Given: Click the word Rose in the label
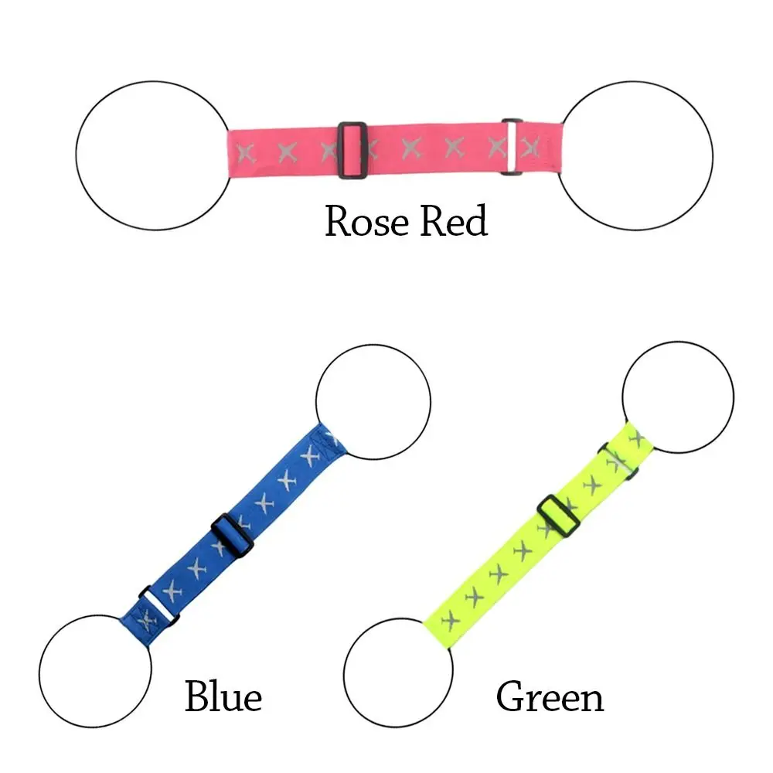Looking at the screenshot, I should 366,222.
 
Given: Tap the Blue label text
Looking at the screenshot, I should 223,697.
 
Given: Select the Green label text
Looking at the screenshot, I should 550,697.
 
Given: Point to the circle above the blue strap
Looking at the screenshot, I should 373,402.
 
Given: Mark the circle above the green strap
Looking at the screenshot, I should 678,397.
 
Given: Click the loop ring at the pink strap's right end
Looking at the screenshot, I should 512,146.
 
